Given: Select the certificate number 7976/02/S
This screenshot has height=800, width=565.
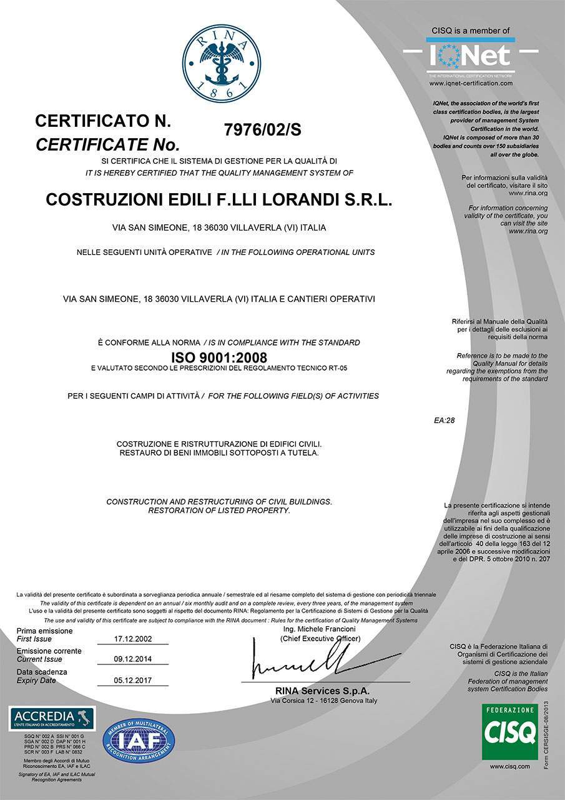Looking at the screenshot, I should (262, 130).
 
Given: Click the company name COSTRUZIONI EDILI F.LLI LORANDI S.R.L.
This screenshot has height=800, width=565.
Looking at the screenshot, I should (219, 201).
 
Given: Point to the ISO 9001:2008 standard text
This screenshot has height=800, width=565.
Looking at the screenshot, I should (219, 357).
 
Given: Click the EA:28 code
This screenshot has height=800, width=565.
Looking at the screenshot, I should (444, 420).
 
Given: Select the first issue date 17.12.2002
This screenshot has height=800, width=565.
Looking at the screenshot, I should (134, 639).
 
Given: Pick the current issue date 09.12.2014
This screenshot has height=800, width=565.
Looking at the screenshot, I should (134, 659).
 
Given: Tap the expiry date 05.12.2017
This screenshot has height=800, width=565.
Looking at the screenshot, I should (134, 680).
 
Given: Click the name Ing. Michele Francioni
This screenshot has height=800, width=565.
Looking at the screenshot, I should (319, 628).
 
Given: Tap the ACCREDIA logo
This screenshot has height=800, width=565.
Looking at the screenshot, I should (52, 717).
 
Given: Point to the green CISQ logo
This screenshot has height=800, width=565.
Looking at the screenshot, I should (509, 731).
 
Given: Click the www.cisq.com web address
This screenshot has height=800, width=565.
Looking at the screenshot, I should (509, 766).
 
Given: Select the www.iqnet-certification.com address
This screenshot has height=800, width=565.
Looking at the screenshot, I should (471, 82).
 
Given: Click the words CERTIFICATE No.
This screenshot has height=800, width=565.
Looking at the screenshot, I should (107, 145).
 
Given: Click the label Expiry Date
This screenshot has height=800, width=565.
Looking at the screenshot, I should (36, 680).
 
